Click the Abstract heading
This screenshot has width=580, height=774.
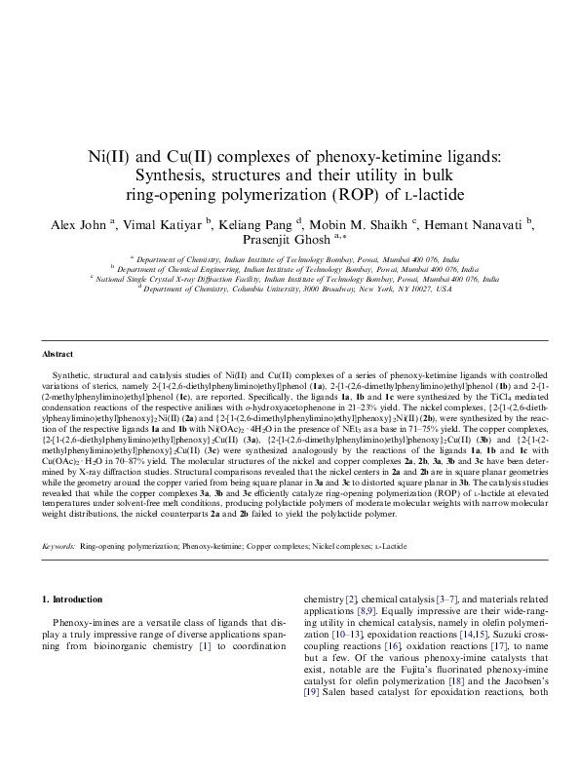[59, 353]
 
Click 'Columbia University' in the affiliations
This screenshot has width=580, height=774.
[275, 289]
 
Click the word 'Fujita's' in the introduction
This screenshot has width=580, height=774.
[406, 694]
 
